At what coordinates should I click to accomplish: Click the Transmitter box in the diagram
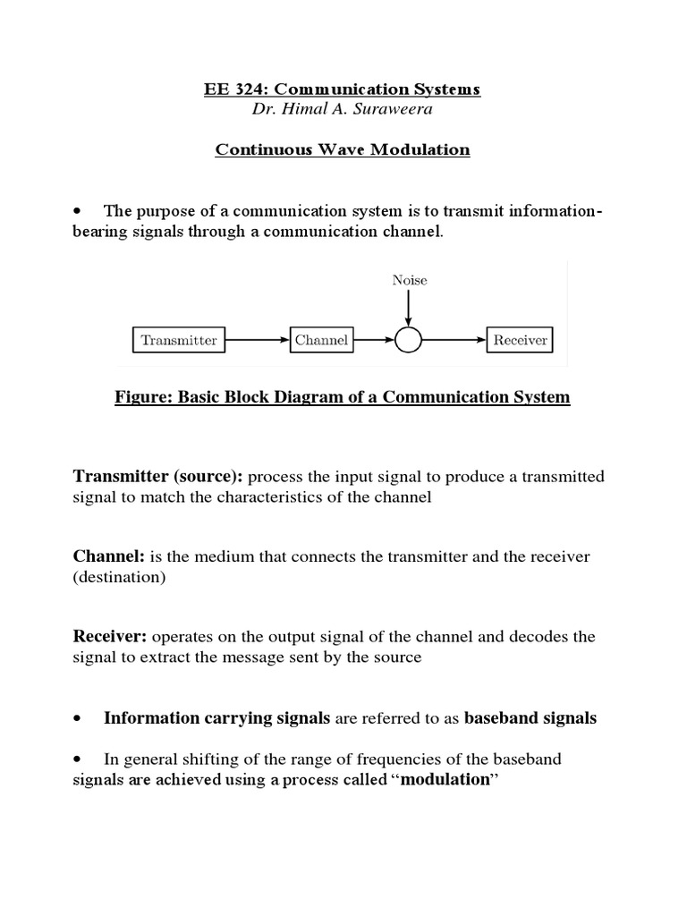[x=179, y=340]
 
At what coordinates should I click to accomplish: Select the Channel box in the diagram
[x=320, y=340]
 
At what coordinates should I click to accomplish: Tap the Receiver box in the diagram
[x=520, y=340]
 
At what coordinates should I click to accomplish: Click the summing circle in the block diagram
[x=409, y=340]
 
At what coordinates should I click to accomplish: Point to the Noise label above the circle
[x=410, y=280]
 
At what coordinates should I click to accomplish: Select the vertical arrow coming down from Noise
[x=409, y=308]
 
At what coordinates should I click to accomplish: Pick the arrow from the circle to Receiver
[x=454, y=340]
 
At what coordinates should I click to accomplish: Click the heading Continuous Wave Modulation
[x=343, y=149]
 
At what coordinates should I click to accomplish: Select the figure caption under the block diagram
[x=343, y=397]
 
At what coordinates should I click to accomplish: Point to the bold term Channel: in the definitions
[x=109, y=556]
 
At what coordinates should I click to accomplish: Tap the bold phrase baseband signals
[x=530, y=718]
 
